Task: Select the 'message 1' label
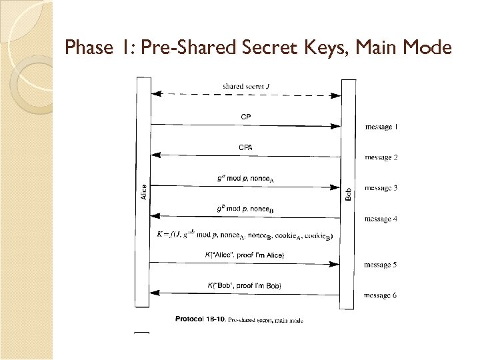[x=382, y=127]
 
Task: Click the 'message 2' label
[x=381, y=157]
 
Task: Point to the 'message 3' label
[x=381, y=188]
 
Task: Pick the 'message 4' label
[x=381, y=219]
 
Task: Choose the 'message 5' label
[x=381, y=265]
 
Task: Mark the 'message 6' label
[x=381, y=295]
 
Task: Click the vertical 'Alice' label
[x=144, y=193]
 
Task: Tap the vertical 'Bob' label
[x=349, y=194]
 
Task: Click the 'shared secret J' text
[x=246, y=86]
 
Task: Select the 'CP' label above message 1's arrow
[x=246, y=117]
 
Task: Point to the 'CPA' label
[x=246, y=147]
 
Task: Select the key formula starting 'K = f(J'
[x=244, y=235]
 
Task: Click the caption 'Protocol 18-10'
[x=199, y=319]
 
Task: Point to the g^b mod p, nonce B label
[x=245, y=209]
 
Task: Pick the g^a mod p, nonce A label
[x=245, y=178]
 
